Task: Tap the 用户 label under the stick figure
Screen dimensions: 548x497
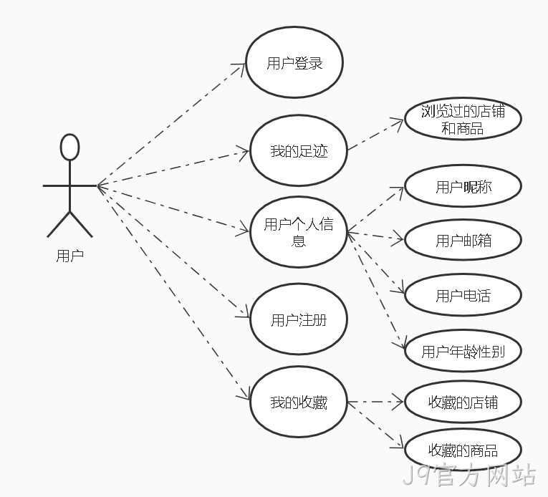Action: [70, 256]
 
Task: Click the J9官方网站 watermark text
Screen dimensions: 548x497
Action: [469, 475]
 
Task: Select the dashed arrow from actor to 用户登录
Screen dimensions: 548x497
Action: [171, 125]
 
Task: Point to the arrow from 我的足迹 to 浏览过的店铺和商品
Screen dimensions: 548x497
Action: [375, 135]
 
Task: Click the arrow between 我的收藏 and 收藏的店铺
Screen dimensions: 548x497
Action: [375, 402]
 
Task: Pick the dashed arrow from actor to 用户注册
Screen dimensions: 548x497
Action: [173, 251]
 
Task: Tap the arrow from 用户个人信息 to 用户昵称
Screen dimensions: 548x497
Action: [375, 209]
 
